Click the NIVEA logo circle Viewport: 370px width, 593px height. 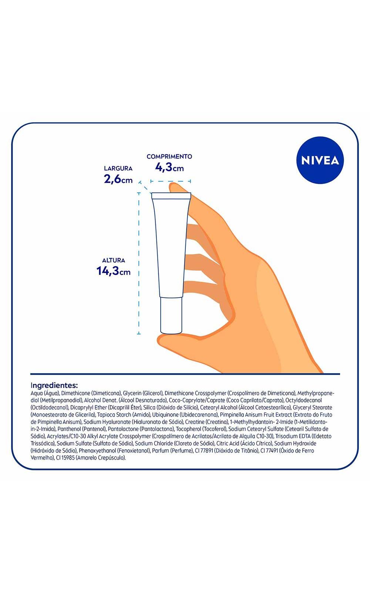pos(320,160)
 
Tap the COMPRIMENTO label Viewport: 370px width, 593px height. pos(169,156)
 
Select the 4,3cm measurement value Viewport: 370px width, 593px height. pos(169,167)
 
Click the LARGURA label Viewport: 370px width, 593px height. pos(118,168)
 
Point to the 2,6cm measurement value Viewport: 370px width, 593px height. pos(118,179)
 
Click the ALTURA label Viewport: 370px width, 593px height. pos(114,260)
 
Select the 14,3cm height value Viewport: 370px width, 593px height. pos(113,271)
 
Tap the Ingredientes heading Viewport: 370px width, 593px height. pos(54,385)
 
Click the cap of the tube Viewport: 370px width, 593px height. pos(171,315)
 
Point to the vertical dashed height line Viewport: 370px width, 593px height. pos(139,264)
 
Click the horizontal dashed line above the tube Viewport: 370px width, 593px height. pos(171,181)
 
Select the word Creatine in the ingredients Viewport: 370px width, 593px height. pos(195,422)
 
